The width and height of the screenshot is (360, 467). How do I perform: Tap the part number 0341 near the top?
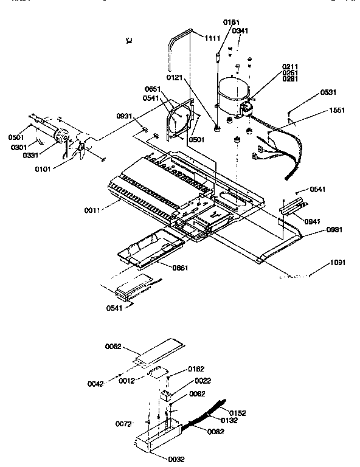240,30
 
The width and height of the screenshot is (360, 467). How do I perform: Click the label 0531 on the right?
328,92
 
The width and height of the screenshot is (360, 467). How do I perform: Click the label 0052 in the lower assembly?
114,347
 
